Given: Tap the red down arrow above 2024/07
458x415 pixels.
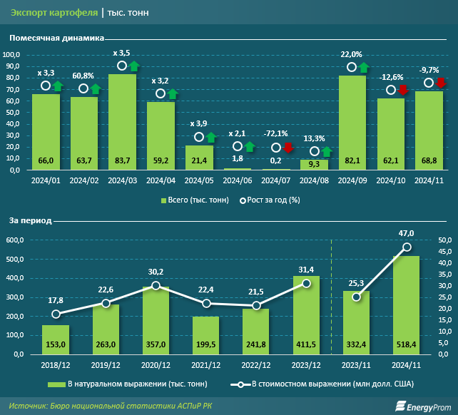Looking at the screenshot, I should pos(288,148).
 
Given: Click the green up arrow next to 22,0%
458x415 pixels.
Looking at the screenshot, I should pos(364,67).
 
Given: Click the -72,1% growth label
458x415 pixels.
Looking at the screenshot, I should pos(276,134).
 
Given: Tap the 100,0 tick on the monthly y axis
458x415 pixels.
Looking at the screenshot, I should pos(14,55).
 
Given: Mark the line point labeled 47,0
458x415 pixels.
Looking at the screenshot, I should pos(407,247).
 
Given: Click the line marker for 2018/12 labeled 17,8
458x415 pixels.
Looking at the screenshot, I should pos(56,314).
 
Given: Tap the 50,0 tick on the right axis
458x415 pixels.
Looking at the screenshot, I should pos(444,240).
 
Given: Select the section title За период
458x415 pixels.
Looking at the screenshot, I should pos(31,222).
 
